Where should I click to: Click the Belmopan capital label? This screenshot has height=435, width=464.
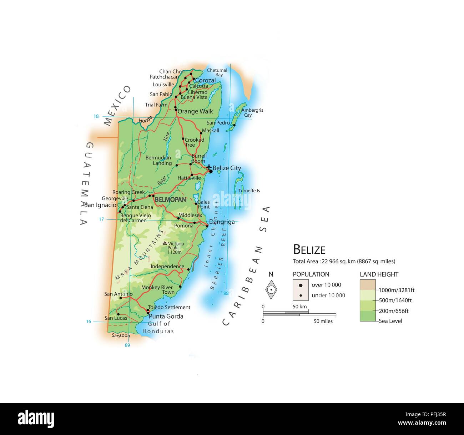tap(170, 199)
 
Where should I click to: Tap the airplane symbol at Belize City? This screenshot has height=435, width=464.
tap(209, 167)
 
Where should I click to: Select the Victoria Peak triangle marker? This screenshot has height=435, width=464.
tap(165, 243)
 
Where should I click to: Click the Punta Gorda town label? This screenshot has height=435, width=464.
tap(166, 316)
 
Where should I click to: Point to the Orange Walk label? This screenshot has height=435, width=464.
tap(195, 111)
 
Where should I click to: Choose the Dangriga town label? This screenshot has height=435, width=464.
tap(222, 222)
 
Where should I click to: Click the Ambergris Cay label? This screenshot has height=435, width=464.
tap(252, 113)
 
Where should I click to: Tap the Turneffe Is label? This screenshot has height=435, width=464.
tap(249, 191)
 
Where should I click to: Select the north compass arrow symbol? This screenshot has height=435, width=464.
tap(271, 289)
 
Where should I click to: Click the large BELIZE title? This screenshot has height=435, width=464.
tap(309, 249)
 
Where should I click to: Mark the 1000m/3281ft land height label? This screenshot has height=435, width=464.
tap(396, 290)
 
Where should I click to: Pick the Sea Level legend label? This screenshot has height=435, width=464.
tap(390, 321)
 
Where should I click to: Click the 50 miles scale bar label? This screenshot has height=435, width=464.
tap(323, 321)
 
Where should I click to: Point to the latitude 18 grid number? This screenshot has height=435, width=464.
tap(96, 116)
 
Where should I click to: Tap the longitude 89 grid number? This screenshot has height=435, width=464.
tap(127, 345)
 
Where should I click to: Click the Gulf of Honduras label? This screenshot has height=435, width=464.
tap(158, 327)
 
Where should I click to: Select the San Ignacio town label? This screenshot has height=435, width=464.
tap(100, 205)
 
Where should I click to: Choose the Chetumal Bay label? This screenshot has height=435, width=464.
tap(217, 72)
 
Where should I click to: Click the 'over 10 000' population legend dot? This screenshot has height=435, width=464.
tap(301, 285)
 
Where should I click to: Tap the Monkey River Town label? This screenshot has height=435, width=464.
tap(157, 290)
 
